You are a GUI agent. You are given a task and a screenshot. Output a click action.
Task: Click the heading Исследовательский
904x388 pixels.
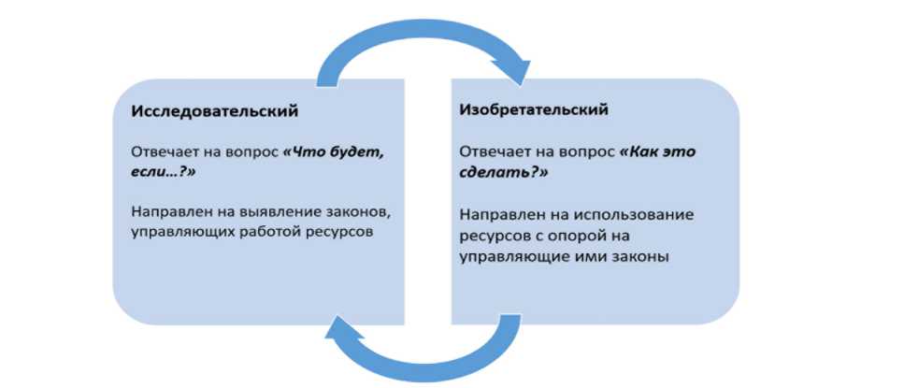click(215, 111)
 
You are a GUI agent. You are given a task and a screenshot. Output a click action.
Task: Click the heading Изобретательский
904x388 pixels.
click(534, 110)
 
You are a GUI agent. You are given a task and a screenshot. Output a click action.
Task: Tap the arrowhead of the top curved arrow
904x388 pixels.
click(511, 69)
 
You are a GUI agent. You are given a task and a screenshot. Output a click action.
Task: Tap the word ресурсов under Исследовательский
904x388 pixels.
click(337, 230)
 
